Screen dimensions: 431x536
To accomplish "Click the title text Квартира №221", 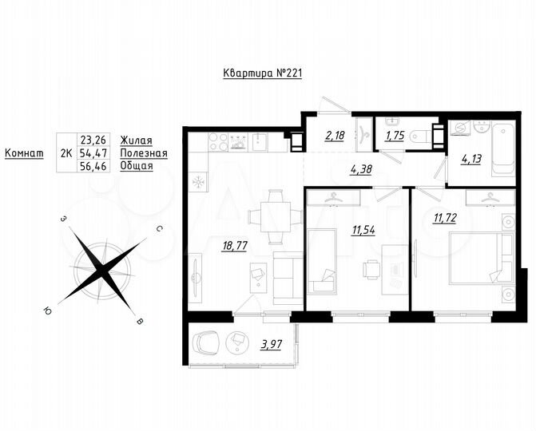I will click(x=261, y=73).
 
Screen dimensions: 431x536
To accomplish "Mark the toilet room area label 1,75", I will click(x=395, y=136).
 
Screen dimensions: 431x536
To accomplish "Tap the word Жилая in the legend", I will click(x=135, y=140).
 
